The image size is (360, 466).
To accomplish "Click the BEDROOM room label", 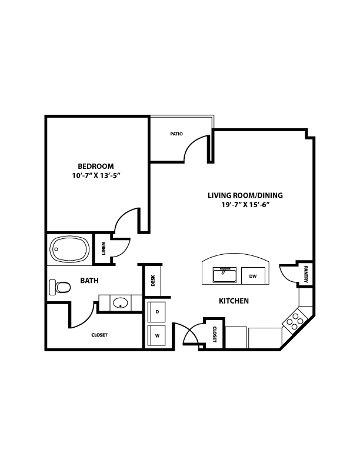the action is click(96, 166).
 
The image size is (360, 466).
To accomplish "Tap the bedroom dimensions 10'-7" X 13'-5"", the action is click(96, 176).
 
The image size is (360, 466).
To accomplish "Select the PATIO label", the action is click(176, 134).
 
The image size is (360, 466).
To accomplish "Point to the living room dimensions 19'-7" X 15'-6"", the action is click(245, 205).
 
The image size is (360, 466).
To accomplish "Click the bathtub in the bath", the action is click(70, 249).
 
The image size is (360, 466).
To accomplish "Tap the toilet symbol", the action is click(59, 287).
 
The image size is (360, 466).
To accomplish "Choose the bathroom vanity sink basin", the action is click(120, 303).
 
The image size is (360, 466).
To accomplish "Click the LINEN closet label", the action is click(104, 249).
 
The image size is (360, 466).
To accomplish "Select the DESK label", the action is click(154, 280).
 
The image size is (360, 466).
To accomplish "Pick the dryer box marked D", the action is click(157, 312).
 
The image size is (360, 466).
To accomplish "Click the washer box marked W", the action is click(157, 336).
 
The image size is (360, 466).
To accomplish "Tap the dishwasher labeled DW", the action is click(253, 276).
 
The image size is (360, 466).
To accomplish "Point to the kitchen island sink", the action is click(225, 275).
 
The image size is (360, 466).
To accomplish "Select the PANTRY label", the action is click(306, 274).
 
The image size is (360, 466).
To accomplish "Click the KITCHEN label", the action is click(234, 301).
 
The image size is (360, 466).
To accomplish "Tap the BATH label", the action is click(89, 281).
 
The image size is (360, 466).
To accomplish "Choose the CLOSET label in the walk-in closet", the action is click(99, 335).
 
